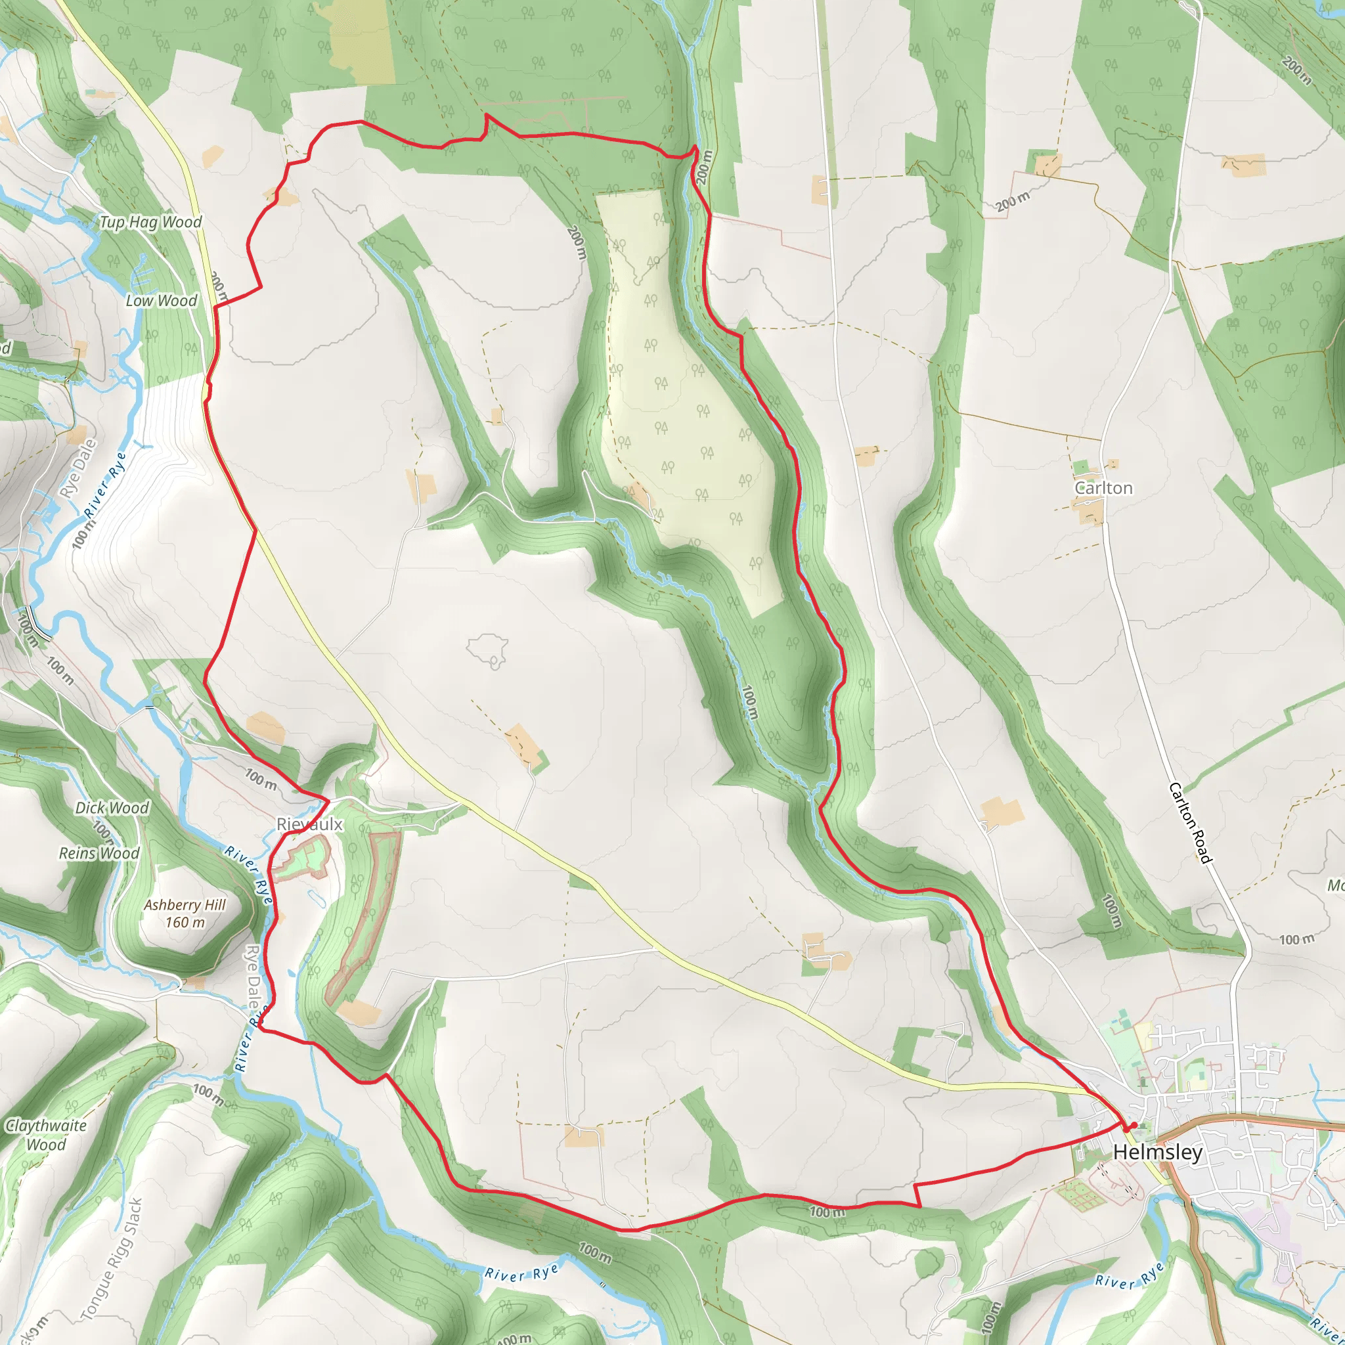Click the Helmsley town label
(x=1158, y=1152)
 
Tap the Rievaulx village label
(x=310, y=824)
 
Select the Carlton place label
(x=1103, y=488)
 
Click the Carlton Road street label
(x=1190, y=822)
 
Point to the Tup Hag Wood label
(x=150, y=222)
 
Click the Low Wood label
(x=162, y=301)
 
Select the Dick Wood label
(x=112, y=808)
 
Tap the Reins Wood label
(x=99, y=853)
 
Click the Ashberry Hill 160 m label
(x=185, y=914)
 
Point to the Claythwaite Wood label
(x=46, y=1135)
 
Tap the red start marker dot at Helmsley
(x=1133, y=1126)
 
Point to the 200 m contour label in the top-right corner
(x=1296, y=70)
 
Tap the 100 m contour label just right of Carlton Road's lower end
(x=1297, y=940)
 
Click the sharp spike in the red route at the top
(x=486, y=116)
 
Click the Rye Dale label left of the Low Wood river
(x=78, y=468)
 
